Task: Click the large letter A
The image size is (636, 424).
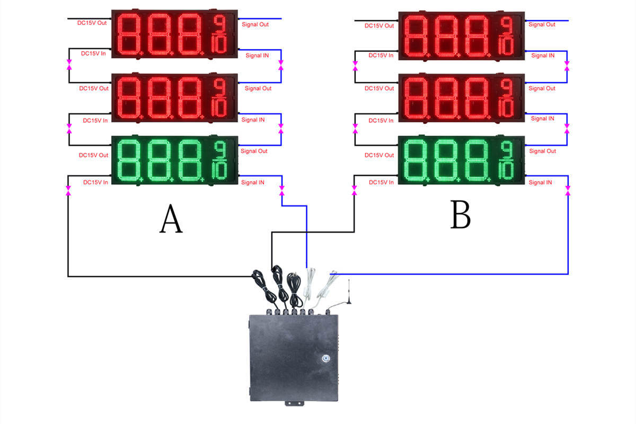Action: click(171, 219)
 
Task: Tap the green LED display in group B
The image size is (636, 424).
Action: click(461, 160)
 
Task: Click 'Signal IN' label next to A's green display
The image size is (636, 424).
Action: click(253, 182)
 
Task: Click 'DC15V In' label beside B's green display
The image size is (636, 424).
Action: click(382, 182)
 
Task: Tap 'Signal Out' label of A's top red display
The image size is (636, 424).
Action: click(255, 24)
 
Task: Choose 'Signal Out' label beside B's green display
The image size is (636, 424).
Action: click(542, 151)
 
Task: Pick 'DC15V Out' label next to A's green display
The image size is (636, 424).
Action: click(94, 155)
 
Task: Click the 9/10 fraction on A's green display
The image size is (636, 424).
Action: click(219, 160)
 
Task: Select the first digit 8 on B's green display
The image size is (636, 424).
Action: click(418, 160)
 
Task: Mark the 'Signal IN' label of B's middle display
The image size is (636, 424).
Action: click(542, 119)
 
